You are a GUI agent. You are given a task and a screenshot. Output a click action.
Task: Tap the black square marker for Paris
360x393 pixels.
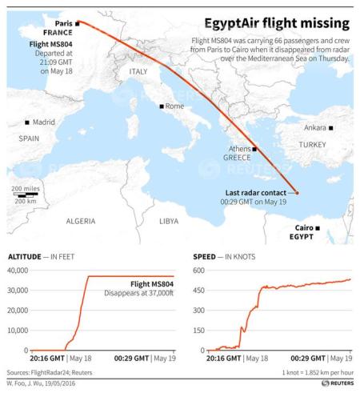(x=78, y=24)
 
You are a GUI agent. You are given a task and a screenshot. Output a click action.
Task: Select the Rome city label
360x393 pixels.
(x=175, y=106)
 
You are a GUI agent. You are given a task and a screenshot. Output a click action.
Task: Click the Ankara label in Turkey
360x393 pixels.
(x=314, y=126)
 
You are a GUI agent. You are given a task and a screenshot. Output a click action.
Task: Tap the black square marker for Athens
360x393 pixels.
(x=254, y=149)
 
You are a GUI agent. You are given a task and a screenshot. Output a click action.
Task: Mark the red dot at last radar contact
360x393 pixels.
(x=296, y=193)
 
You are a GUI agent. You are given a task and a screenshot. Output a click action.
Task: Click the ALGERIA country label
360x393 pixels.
(x=80, y=219)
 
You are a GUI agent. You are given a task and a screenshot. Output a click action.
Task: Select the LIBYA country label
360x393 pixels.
(x=169, y=219)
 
